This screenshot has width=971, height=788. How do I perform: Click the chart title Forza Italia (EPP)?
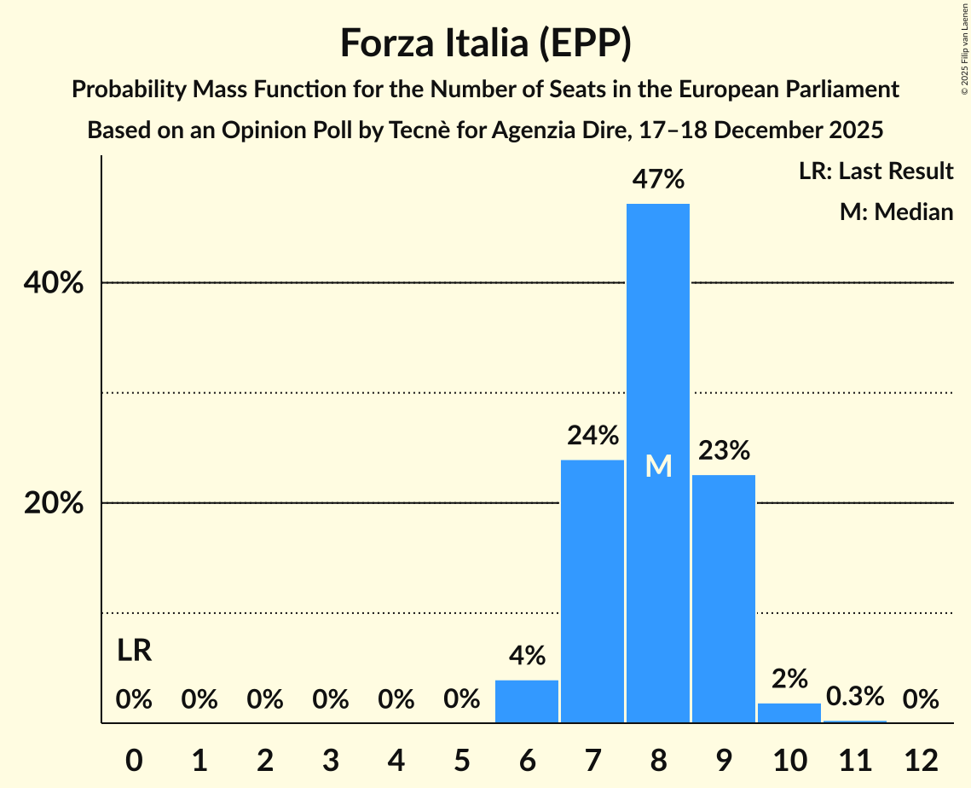click(x=485, y=43)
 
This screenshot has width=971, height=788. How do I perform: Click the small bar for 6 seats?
click(x=527, y=701)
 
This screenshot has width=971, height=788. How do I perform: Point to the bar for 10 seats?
click(x=789, y=713)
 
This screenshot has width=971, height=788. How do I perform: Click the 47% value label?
click(x=658, y=180)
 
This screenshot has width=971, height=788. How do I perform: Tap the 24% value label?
click(x=592, y=436)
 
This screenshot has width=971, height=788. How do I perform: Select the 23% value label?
click(x=724, y=450)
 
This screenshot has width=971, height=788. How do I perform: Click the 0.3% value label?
click(x=855, y=697)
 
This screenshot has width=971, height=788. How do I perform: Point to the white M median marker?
click(x=658, y=466)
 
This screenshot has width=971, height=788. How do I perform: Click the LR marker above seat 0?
click(x=134, y=651)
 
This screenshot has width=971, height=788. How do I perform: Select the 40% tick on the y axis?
click(x=54, y=283)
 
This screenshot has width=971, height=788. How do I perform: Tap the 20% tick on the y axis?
click(x=54, y=503)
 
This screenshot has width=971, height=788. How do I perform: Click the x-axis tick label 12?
click(x=921, y=759)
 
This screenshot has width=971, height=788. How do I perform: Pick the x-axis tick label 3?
click(x=331, y=759)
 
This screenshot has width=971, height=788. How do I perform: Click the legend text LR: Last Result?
click(x=876, y=171)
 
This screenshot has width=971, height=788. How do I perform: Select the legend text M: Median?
click(x=896, y=211)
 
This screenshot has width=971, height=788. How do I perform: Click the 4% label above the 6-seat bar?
click(x=527, y=656)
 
